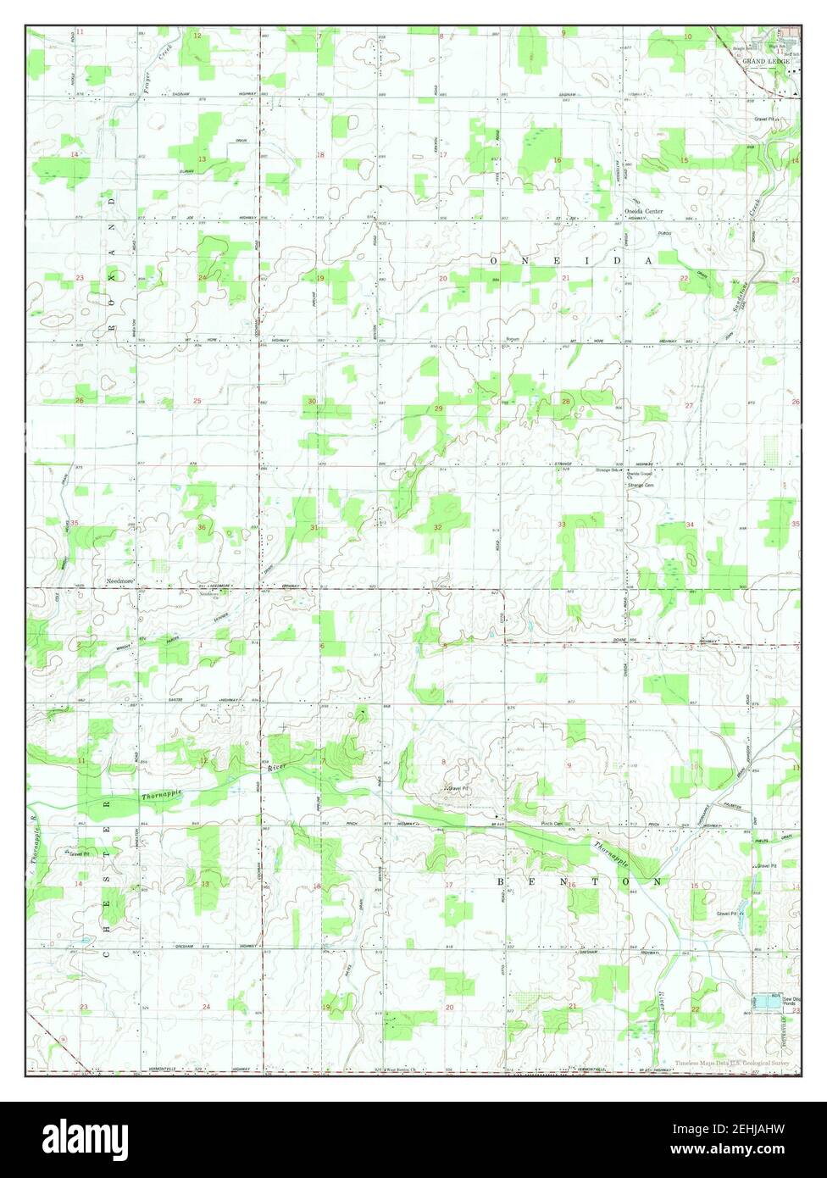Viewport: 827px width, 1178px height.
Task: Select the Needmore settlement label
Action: click(x=120, y=581)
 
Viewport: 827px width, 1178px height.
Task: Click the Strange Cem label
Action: click(x=640, y=486)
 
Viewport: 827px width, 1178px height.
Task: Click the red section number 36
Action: click(x=201, y=528)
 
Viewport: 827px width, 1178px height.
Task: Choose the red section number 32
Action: click(x=437, y=527)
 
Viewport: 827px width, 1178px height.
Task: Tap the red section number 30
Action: click(x=312, y=402)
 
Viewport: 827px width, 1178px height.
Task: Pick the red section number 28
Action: click(x=565, y=402)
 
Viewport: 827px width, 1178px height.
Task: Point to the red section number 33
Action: click(x=561, y=525)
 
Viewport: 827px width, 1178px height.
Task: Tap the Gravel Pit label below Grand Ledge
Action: click(x=766, y=119)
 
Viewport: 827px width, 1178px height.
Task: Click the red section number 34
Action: click(x=690, y=525)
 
